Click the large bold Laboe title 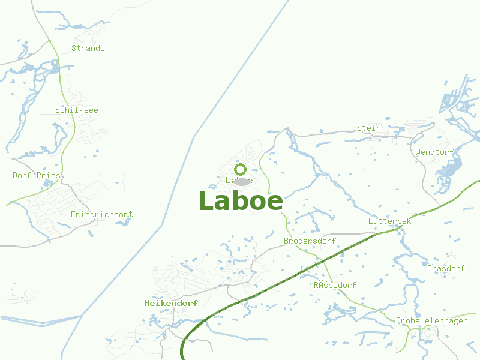pyautogui.click(x=240, y=201)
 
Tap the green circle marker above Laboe pyautogui.click(x=241, y=169)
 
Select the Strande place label pyautogui.click(x=88, y=48)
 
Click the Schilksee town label pyautogui.click(x=76, y=110)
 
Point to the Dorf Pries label pyautogui.click(x=37, y=175)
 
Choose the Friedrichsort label pyautogui.click(x=101, y=214)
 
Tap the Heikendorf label pyautogui.click(x=171, y=303)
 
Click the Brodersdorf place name pyautogui.click(x=310, y=241)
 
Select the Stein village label pyautogui.click(x=368, y=128)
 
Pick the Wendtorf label pyautogui.click(x=434, y=152)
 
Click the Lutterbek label pyautogui.click(x=389, y=221)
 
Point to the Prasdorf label pyautogui.click(x=446, y=268)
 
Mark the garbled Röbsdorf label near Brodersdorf pyautogui.click(x=335, y=285)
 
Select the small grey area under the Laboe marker pyautogui.click(x=242, y=181)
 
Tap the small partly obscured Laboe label pyautogui.click(x=231, y=180)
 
